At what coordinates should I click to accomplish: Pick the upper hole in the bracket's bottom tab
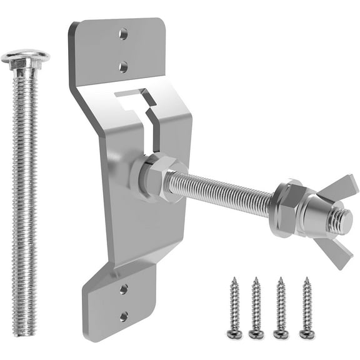pos(124,289)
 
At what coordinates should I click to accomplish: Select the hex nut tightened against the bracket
pos(152,179)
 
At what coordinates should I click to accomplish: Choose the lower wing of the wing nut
pos(335,251)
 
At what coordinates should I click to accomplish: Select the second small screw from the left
pos(256,306)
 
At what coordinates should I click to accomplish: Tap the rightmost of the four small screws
pos(306,306)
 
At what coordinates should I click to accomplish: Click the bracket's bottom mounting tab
pos(119,306)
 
